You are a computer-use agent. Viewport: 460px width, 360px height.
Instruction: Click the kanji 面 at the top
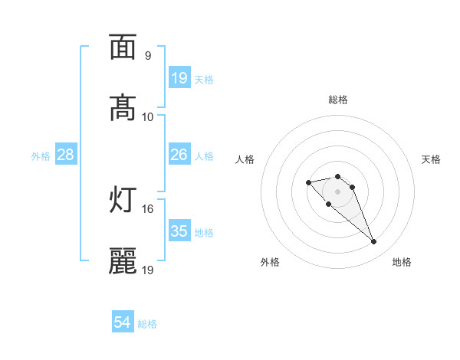[123, 47]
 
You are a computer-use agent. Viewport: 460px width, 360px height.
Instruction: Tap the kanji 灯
[123, 201]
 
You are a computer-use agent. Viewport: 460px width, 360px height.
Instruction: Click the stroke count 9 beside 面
[148, 56]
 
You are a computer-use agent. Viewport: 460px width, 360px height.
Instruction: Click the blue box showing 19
[179, 78]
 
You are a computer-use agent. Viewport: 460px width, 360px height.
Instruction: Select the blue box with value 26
[179, 155]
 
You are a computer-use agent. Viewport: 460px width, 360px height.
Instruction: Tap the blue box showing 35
[179, 231]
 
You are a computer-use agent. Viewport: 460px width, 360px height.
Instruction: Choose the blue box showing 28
[66, 155]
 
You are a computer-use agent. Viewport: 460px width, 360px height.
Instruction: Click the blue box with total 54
[123, 323]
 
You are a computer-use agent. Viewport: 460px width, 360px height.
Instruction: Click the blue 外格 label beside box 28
[41, 155]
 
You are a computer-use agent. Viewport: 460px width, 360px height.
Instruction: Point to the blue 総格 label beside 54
[147, 324]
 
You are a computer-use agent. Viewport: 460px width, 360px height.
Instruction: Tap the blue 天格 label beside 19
[204, 79]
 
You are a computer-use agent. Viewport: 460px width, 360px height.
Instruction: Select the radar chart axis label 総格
[338, 100]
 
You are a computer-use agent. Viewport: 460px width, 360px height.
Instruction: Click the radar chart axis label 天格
[431, 159]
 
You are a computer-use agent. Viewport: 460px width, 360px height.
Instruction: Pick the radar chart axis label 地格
[402, 262]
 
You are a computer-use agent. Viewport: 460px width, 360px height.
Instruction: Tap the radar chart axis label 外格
[270, 262]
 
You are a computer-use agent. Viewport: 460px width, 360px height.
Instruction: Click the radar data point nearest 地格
[374, 242]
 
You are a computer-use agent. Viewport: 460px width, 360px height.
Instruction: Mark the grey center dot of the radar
[338, 191]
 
